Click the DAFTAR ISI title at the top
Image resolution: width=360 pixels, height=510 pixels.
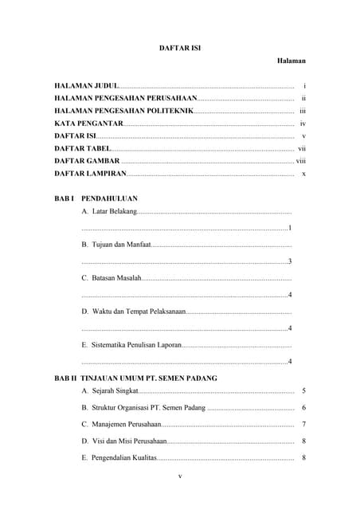(180, 48)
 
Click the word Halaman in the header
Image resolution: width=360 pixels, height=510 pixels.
(292, 61)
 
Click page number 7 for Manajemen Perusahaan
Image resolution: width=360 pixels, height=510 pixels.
(304, 424)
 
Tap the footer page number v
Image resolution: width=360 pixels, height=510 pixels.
(180, 477)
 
